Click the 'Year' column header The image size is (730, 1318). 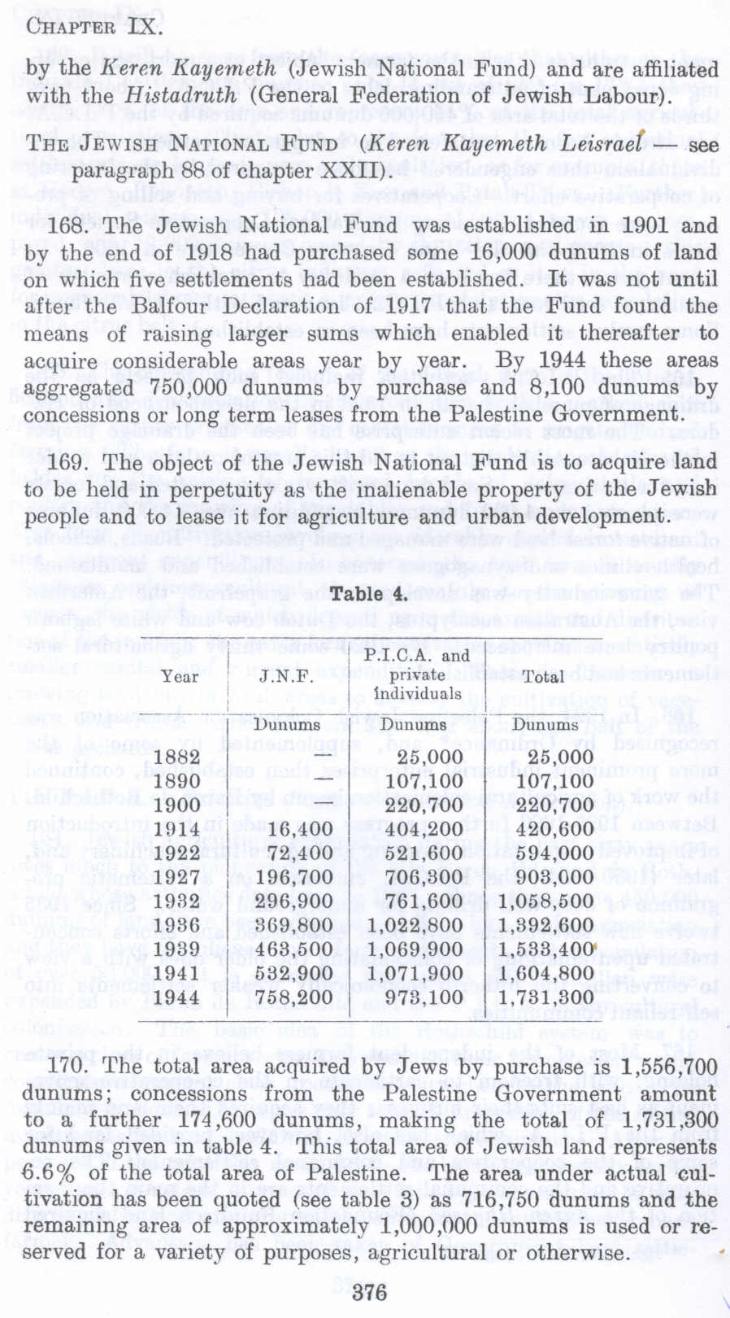pyautogui.click(x=180, y=676)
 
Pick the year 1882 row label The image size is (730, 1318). pyautogui.click(x=178, y=757)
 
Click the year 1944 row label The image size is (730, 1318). pyautogui.click(x=178, y=997)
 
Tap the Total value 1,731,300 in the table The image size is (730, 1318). pyautogui.click(x=545, y=997)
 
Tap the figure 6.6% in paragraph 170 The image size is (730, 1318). pyautogui.click(x=50, y=1174)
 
